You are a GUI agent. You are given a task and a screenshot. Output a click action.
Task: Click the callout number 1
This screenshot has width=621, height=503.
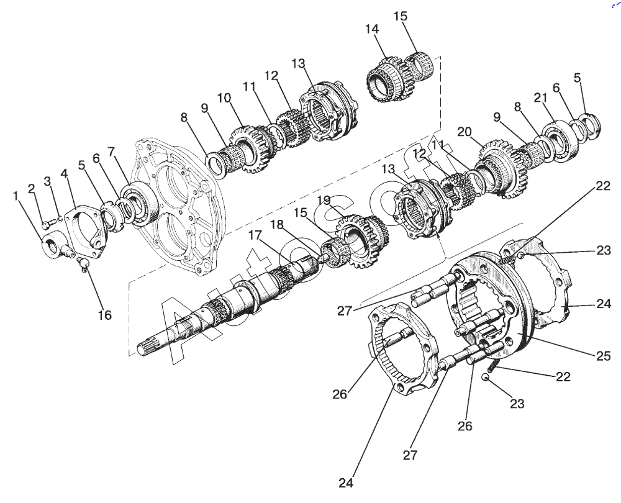(16, 196)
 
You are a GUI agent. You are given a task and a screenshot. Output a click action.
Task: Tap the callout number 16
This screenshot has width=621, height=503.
(105, 315)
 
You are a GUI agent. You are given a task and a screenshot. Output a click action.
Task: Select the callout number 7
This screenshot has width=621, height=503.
(111, 152)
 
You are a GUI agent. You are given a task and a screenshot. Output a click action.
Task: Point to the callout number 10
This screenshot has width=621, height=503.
(224, 97)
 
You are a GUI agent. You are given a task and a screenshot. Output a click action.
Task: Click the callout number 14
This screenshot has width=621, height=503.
(372, 29)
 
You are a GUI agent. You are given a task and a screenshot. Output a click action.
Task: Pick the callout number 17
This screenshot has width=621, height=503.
(255, 235)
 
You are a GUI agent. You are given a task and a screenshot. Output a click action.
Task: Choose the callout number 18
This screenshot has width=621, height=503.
(277, 225)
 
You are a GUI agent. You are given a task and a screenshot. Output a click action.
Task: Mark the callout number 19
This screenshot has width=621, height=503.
(324, 200)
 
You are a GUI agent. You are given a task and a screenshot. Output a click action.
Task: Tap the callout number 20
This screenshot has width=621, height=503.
(465, 132)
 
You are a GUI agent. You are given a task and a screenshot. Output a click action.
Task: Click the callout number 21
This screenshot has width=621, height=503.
(540, 97)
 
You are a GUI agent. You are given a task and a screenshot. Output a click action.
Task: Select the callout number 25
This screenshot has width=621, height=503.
(604, 356)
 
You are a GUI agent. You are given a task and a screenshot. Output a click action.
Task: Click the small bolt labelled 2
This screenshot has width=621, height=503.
(45, 225)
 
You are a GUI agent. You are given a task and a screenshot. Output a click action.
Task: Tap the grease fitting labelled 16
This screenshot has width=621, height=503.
(83, 264)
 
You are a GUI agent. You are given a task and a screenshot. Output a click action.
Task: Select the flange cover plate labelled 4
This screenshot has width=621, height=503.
(86, 230)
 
